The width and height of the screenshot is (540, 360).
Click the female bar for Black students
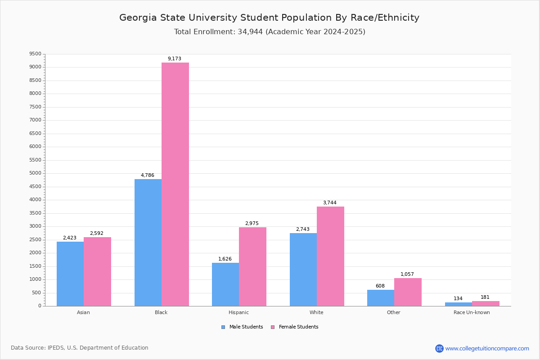(x=175, y=184)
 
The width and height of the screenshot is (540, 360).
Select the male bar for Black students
(x=148, y=243)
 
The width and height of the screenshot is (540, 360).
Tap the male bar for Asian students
(x=70, y=274)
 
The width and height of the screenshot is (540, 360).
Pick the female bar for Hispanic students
(x=252, y=266)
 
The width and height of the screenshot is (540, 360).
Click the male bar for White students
(x=303, y=270)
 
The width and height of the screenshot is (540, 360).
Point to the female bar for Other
(x=408, y=292)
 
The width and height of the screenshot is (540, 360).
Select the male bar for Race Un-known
(x=459, y=304)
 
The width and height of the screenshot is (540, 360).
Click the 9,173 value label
(x=175, y=59)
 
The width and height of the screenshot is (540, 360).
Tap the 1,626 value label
(x=225, y=259)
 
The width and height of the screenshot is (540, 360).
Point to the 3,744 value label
(x=330, y=203)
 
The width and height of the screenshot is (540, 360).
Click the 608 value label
(x=380, y=286)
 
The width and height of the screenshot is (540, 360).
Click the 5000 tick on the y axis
(x=35, y=173)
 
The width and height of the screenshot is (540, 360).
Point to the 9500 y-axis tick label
(x=35, y=54)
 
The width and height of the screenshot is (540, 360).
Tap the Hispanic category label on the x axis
(x=238, y=312)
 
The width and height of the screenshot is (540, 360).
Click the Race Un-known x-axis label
(x=472, y=312)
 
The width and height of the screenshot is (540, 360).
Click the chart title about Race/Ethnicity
(x=269, y=18)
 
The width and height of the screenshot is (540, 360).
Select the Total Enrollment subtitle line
(x=270, y=32)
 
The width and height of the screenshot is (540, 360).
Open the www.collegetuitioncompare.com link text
(x=487, y=348)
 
